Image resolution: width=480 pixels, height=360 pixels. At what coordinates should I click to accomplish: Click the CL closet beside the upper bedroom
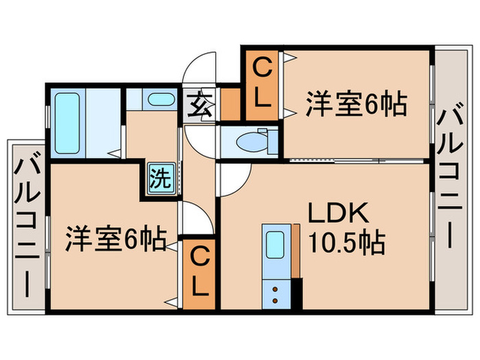[x=261, y=84]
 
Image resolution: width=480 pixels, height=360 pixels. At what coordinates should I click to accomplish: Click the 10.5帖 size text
[x=347, y=243]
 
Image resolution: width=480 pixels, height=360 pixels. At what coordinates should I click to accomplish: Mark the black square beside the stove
[x=296, y=294]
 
